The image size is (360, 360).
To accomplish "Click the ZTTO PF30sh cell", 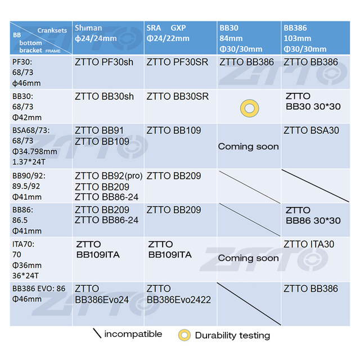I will pos(104,62).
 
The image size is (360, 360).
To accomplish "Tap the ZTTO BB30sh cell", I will pos(104,96).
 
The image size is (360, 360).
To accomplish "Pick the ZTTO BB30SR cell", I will pos(177,96).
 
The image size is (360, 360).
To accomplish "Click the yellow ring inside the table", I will pos(249,108).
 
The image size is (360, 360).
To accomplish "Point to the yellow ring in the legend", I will pos(184,335).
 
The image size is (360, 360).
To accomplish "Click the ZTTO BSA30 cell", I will pos(312,130).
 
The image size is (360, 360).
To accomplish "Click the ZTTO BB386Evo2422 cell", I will pos(179,294).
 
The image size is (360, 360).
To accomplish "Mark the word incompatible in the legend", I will pos(133,334).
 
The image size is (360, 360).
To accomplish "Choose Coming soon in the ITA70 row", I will pos(248,258).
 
